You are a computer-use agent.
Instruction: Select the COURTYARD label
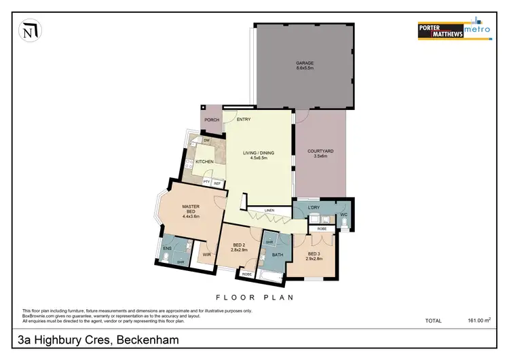pos(320,152)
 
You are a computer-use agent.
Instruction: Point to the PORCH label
pos(212,120)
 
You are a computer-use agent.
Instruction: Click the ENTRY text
pos(244,120)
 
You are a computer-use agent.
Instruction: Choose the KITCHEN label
pos(205,162)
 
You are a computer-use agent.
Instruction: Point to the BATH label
pos(277,255)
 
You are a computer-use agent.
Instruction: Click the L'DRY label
pos(314,206)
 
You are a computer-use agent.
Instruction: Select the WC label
pos(344,215)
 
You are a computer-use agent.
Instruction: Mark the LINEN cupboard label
pos(269,211)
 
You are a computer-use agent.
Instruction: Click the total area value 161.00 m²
pos(478,320)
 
